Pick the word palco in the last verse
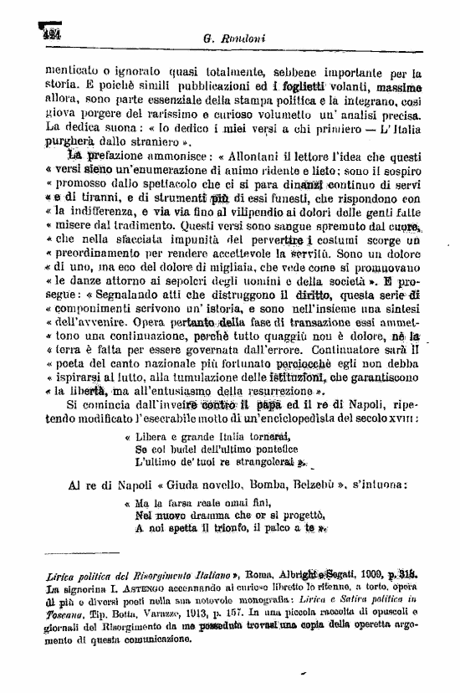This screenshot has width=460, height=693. click(274, 528)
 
